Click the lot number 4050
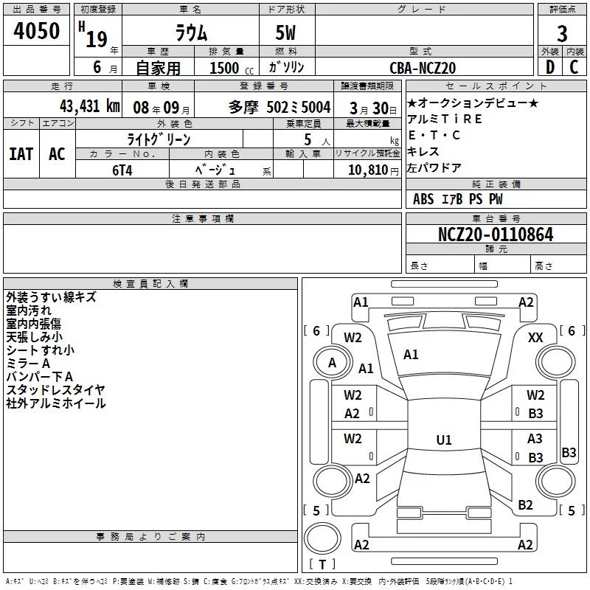pyautogui.click(x=36, y=32)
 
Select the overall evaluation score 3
pyautogui.click(x=562, y=34)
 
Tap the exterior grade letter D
pyautogui.click(x=549, y=67)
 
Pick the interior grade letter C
pyautogui.click(x=574, y=67)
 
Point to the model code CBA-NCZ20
pyautogui.click(x=423, y=68)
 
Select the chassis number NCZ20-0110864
pyautogui.click(x=496, y=235)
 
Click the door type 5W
pyautogui.click(x=286, y=34)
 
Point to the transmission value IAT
pyautogui.click(x=21, y=154)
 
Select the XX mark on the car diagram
pyautogui.click(x=536, y=338)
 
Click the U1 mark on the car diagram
pyautogui.click(x=443, y=440)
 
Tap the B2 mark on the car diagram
pyautogui.click(x=525, y=505)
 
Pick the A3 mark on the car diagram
pyautogui.click(x=535, y=439)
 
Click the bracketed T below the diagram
pyautogui.click(x=322, y=565)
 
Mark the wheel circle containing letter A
pyautogui.click(x=332, y=362)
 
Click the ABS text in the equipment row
pyautogui.click(x=423, y=198)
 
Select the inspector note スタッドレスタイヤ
pyautogui.click(x=55, y=389)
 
